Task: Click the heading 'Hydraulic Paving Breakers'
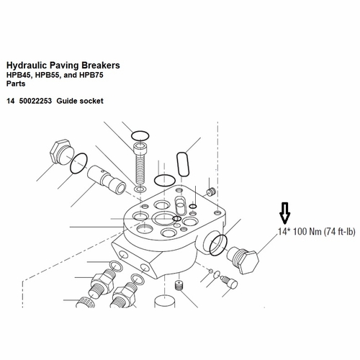63,66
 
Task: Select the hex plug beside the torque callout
242,258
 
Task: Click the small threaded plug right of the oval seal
211,192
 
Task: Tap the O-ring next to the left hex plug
80,164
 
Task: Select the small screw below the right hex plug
229,282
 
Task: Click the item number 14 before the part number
10,101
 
